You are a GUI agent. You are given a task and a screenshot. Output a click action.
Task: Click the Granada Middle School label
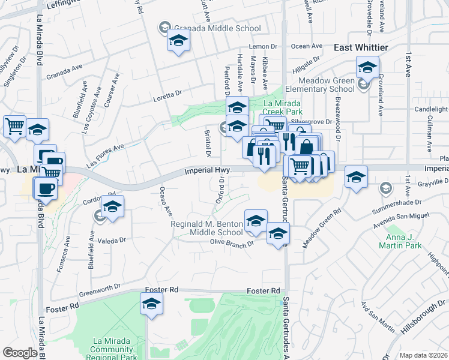[217, 28]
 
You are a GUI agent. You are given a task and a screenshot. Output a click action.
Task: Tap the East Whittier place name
[361, 47]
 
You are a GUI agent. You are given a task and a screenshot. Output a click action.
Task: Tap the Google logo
[20, 353]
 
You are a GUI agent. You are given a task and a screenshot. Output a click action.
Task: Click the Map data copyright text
[423, 355]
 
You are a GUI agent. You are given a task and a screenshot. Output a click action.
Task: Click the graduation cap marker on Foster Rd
[152, 304]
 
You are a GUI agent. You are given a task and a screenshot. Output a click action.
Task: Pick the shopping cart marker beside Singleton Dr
[14, 126]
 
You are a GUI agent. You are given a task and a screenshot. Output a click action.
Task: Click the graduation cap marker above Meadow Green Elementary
[367, 67]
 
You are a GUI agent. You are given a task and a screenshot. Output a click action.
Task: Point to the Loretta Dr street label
[167, 95]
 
